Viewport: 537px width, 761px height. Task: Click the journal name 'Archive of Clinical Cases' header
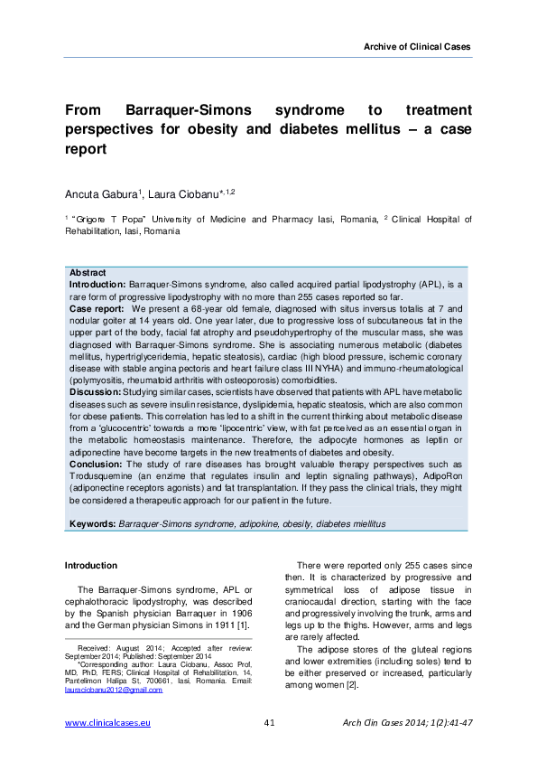[x=416, y=46]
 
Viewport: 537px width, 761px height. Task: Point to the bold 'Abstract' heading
[x=88, y=273]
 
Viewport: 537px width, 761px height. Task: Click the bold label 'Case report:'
[x=97, y=308]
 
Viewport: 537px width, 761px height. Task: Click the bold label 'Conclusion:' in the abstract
[x=97, y=464]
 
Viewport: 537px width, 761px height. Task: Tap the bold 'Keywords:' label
[x=92, y=523]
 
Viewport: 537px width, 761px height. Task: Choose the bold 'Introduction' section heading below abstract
[x=91, y=566]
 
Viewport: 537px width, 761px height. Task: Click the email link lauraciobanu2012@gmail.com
[x=113, y=690]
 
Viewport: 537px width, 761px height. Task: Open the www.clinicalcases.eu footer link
[x=107, y=724]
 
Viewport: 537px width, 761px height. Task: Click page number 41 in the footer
[x=269, y=724]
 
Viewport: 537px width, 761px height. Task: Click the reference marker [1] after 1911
[x=240, y=624]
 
